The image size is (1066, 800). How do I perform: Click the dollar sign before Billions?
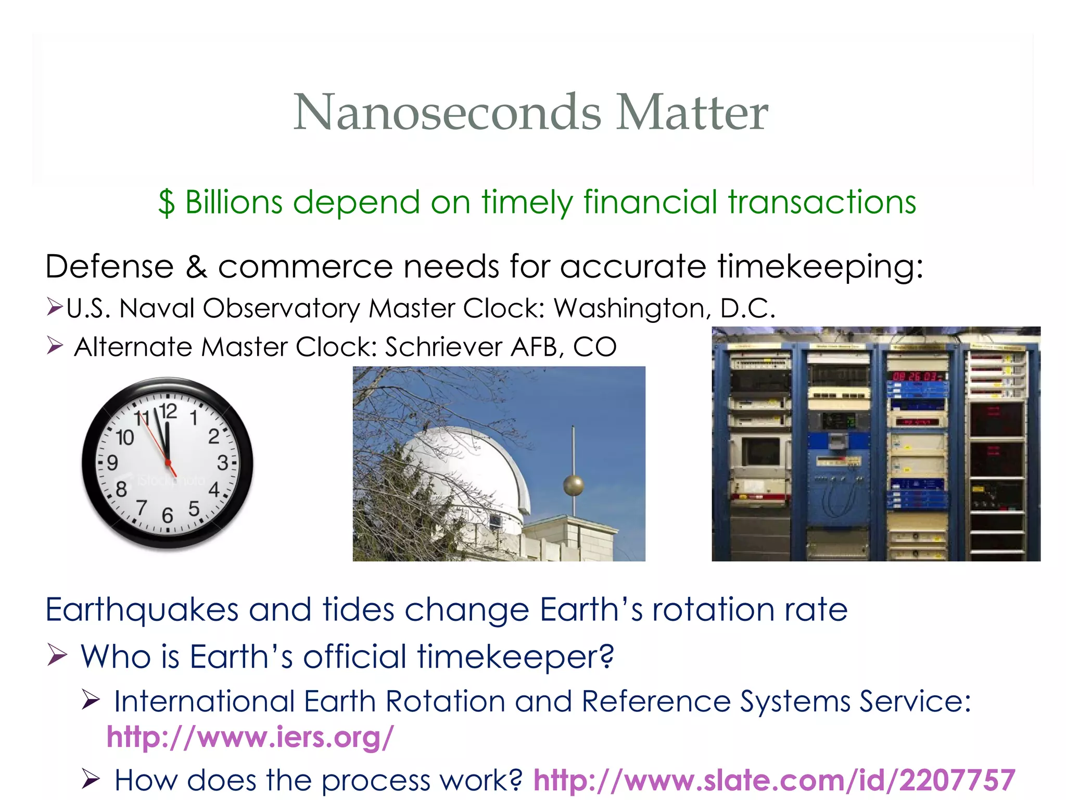(166, 203)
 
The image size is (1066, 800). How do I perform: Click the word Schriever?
(443, 347)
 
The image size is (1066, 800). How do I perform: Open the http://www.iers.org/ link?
(250, 737)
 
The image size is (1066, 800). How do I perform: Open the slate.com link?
(774, 780)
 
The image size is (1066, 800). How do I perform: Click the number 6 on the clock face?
(167, 516)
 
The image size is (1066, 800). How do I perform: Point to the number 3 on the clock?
(222, 463)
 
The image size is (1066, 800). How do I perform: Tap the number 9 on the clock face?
(112, 463)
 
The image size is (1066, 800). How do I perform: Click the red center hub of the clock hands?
(168, 462)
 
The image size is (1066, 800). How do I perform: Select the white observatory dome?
(458, 469)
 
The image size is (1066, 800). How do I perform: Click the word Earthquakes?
(141, 609)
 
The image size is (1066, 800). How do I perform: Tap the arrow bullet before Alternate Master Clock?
(55, 345)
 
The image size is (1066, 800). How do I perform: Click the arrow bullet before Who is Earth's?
(57, 655)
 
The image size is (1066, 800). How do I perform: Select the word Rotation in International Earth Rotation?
(445, 701)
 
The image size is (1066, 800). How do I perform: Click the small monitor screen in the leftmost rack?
(760, 452)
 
